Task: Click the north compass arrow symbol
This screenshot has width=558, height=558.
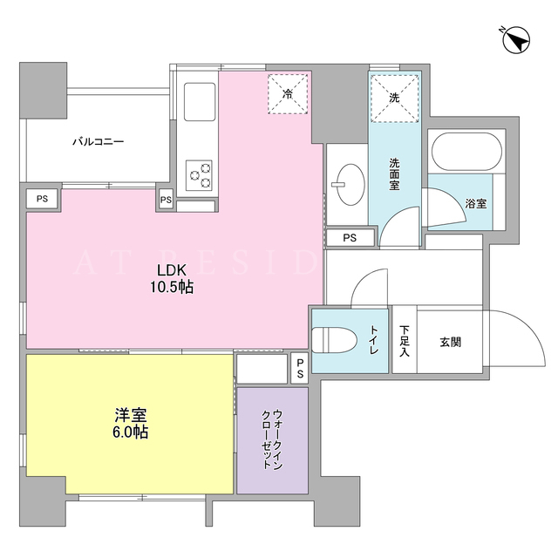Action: pyautogui.click(x=516, y=39)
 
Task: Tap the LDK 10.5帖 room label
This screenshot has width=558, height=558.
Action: pyautogui.click(x=172, y=278)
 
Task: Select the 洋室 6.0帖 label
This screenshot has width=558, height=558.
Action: pyautogui.click(x=130, y=424)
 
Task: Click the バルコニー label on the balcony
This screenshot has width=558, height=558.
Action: pyautogui.click(x=99, y=141)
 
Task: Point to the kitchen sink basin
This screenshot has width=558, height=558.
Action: pyautogui.click(x=200, y=102)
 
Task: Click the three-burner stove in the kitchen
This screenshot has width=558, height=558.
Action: pyautogui.click(x=199, y=175)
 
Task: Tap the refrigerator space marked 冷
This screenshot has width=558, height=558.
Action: pyautogui.click(x=288, y=94)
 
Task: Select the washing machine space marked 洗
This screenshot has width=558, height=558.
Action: pyautogui.click(x=394, y=98)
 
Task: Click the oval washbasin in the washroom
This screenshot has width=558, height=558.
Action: pyautogui.click(x=350, y=184)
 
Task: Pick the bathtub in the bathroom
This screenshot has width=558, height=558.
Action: pyautogui.click(x=466, y=152)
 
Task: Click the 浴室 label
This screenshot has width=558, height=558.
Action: pyautogui.click(x=476, y=203)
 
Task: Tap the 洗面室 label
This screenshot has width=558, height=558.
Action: pyautogui.click(x=394, y=174)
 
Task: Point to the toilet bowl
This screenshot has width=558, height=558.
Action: pyautogui.click(x=334, y=341)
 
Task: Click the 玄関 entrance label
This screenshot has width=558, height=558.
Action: pyautogui.click(x=451, y=343)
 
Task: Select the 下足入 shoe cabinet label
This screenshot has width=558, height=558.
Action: pyautogui.click(x=405, y=341)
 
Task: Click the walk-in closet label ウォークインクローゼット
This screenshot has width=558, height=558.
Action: pyautogui.click(x=273, y=439)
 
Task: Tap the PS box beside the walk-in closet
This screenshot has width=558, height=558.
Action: pyautogui.click(x=300, y=368)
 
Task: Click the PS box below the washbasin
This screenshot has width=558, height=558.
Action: pyautogui.click(x=350, y=238)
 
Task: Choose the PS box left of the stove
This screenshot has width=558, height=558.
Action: pyautogui.click(x=166, y=200)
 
